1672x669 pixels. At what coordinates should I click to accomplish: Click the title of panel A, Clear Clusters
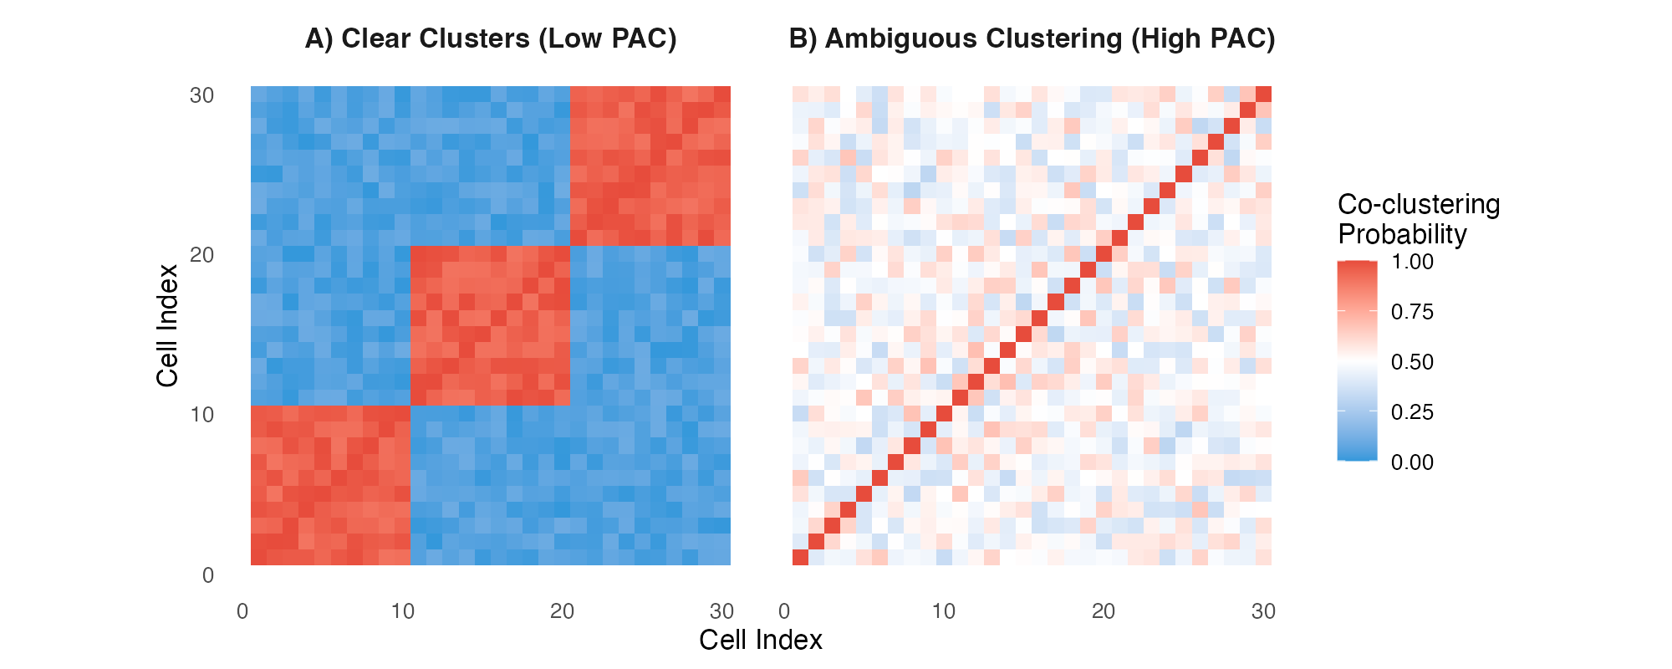coord(491,38)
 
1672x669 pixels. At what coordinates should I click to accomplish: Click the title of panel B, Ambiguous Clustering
coord(1032,38)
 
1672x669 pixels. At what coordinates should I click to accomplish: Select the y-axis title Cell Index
coord(167,325)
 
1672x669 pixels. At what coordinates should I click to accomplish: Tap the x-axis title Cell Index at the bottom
coord(760,640)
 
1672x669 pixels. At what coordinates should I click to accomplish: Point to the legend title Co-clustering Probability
coord(1418,219)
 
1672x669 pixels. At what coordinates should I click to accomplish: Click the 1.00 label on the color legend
coord(1412,262)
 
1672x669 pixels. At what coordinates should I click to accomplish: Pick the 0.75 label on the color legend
coord(1412,312)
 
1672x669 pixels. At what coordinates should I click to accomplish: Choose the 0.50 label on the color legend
coord(1412,362)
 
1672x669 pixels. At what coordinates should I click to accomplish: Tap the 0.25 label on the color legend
coord(1412,412)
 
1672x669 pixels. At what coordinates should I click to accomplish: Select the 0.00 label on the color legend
coord(1412,462)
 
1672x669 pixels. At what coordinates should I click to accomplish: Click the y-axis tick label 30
coord(201,95)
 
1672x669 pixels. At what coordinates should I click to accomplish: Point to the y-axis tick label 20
coord(201,255)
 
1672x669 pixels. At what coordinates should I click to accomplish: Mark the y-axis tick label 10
coord(201,415)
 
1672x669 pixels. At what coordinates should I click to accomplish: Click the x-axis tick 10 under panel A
coord(402,611)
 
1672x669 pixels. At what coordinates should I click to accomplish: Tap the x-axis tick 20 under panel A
coord(562,611)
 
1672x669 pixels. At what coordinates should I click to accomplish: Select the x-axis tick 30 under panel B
coord(1263,611)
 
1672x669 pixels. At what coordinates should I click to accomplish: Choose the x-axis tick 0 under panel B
coord(784,611)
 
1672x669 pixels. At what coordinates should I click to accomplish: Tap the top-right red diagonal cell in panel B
coord(1263,94)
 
